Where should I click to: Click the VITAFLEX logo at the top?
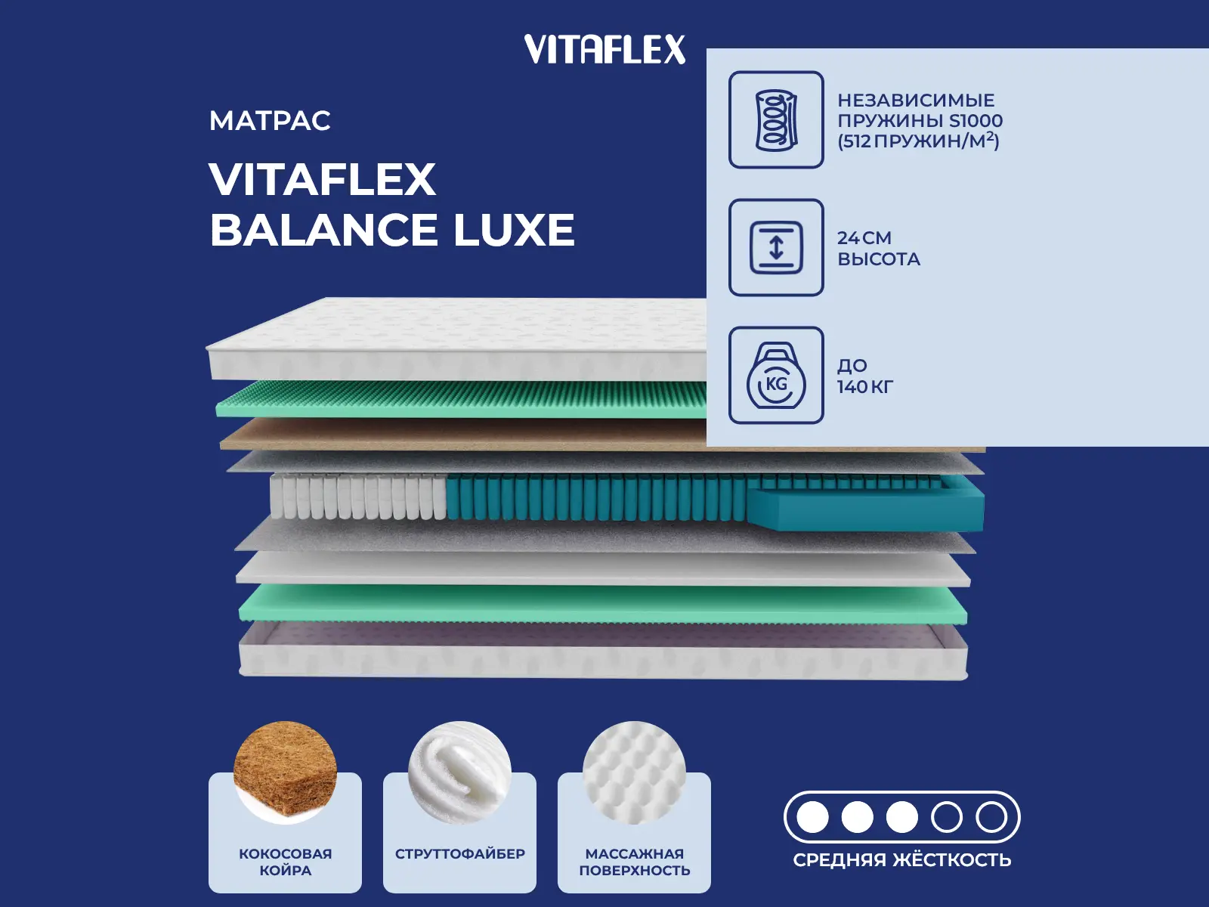(604, 49)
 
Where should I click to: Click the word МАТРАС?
(270, 121)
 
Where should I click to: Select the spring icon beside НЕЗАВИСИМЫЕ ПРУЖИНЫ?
(776, 119)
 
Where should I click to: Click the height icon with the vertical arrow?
(776, 247)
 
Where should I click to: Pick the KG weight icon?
(776, 375)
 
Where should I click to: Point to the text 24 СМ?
(864, 238)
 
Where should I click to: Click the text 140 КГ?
(864, 386)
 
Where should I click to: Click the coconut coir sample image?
(285, 772)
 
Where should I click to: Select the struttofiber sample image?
(459, 772)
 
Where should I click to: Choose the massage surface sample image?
(634, 772)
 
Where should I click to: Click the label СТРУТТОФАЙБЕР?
(460, 853)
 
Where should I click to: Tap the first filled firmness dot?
(812, 817)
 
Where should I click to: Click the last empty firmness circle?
(991, 817)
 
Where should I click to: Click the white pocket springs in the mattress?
(358, 497)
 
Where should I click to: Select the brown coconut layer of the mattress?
(462, 434)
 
